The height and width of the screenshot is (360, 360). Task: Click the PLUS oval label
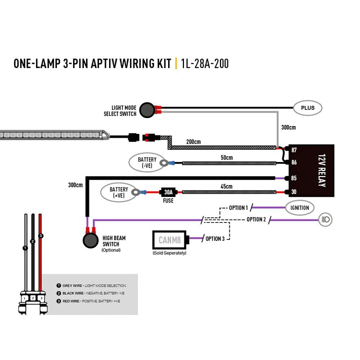308,107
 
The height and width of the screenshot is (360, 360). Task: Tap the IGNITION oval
299,208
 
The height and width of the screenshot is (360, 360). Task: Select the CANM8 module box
169,240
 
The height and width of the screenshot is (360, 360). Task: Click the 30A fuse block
167,192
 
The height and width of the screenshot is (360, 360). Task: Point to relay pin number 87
294,150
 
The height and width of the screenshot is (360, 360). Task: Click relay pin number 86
294,163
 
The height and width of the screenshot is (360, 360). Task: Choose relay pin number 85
294,179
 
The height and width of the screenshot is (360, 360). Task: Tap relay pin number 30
294,192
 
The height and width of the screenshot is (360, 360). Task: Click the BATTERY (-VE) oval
147,163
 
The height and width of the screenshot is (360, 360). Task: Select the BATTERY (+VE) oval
119,192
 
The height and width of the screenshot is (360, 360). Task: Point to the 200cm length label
193,142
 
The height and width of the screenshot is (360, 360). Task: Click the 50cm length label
226,157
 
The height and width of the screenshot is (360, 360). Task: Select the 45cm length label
226,187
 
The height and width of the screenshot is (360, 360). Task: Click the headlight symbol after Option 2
325,219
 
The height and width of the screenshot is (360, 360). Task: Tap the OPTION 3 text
215,239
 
